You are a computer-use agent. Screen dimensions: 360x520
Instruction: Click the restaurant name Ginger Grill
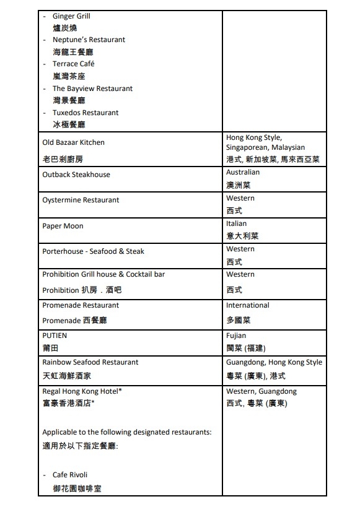point(71,16)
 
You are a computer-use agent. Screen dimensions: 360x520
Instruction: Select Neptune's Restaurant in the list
point(89,40)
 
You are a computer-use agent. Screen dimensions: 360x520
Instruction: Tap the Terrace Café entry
point(73,64)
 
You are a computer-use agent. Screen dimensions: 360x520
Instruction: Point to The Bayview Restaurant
point(92,89)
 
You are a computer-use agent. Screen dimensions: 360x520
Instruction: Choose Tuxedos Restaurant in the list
point(86,113)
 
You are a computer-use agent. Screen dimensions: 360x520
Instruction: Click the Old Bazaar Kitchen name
point(73,142)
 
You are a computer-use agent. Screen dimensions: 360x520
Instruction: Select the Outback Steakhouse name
point(76,175)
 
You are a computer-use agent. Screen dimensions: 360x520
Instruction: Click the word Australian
point(243,172)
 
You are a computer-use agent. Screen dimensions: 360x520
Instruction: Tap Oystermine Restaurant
point(81,200)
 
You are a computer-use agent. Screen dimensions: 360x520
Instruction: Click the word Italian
point(236,223)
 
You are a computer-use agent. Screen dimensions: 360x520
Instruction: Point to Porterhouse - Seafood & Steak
point(93,251)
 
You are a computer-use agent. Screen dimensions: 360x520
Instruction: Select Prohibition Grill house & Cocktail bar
point(103,274)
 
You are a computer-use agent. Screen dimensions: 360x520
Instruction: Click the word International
point(247,305)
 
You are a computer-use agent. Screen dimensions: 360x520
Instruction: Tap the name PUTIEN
point(55,336)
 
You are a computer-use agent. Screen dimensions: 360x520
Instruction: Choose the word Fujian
point(236,336)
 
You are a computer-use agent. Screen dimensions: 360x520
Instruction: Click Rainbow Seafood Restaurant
point(90,362)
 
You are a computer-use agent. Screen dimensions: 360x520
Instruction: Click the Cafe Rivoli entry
point(70,475)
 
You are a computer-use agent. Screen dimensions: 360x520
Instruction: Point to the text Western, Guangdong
point(261,391)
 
